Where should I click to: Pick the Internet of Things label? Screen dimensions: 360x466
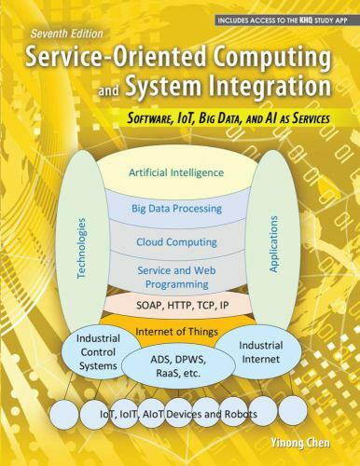point(176,331)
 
